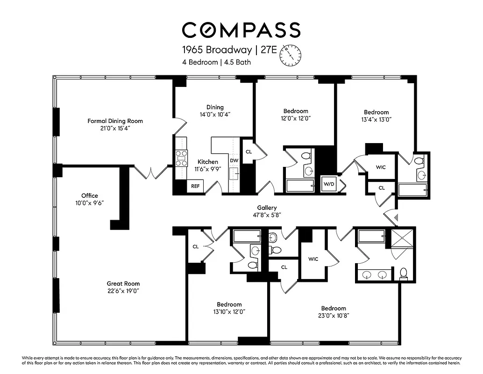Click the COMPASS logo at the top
click(241, 30)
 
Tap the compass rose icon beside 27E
click(291, 55)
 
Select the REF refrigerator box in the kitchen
click(194, 186)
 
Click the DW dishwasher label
click(234, 161)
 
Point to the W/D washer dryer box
click(329, 184)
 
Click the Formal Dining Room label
click(115, 121)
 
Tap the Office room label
click(90, 196)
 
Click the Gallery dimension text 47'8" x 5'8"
click(267, 215)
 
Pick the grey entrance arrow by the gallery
click(396, 217)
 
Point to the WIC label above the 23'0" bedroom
click(313, 259)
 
